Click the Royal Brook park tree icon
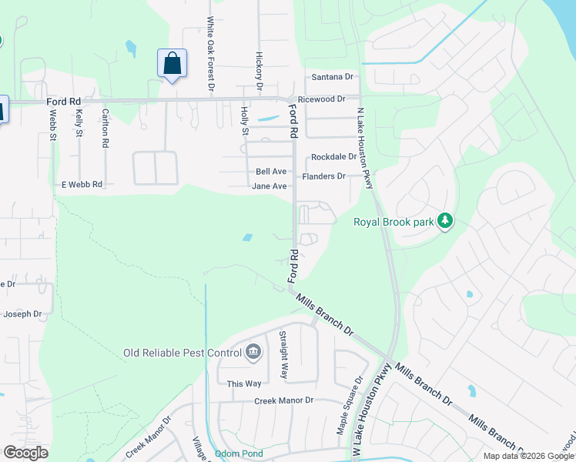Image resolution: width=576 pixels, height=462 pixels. (x=444, y=222)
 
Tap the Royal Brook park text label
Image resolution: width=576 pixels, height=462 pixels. (x=392, y=223)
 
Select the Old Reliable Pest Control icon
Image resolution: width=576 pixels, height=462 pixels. (x=253, y=353)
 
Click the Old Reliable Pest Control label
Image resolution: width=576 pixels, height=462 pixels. (x=181, y=353)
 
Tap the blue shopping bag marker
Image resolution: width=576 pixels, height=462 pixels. (x=172, y=63)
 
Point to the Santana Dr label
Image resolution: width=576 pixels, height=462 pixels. (x=332, y=77)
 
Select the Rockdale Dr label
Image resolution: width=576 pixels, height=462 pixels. (x=333, y=156)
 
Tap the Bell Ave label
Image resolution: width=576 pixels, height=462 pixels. (x=271, y=171)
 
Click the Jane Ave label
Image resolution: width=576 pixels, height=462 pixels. (x=270, y=186)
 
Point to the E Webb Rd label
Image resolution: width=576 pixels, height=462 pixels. (x=82, y=185)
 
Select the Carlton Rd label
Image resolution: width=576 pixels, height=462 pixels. (x=105, y=128)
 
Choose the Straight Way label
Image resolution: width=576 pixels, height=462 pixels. (x=284, y=355)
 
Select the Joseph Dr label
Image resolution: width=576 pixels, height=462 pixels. (x=22, y=314)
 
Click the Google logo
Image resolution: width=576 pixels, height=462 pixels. (x=25, y=452)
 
